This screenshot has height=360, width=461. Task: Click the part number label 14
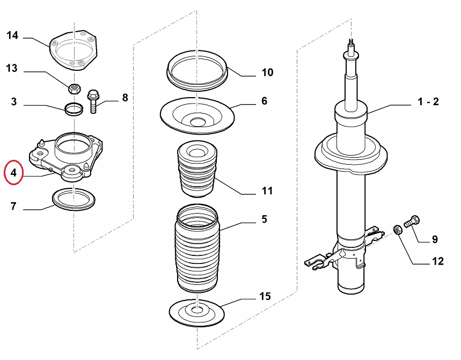pos(12,36)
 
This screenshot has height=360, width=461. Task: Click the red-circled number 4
pos(13,173)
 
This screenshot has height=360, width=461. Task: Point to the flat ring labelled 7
pos(74,199)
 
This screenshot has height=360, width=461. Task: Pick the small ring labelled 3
pos(74,109)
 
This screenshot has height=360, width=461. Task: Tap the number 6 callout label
pos(264,101)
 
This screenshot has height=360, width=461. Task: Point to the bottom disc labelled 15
pos(197,312)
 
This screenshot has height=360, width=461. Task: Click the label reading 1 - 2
pos(428,101)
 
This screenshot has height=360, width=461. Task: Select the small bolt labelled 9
pos(413,221)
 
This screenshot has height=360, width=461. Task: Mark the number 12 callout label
pos(437,261)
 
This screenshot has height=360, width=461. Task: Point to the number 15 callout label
pos(265,296)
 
